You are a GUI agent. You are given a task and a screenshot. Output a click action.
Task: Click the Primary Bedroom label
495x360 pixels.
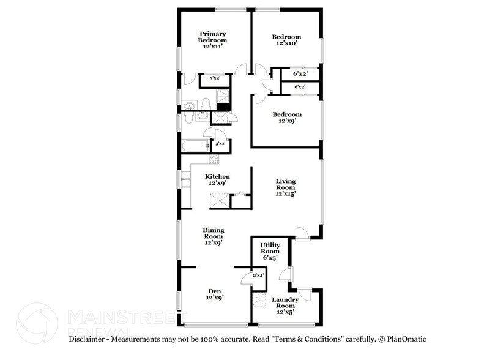(x=212, y=37)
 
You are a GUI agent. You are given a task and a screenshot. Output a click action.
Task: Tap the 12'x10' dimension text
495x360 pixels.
(x=286, y=43)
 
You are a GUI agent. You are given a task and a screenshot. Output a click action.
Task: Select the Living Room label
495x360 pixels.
(x=286, y=184)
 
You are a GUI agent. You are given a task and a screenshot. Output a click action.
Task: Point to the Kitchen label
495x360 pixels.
(x=217, y=176)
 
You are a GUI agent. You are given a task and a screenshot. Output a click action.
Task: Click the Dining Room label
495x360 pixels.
(x=214, y=233)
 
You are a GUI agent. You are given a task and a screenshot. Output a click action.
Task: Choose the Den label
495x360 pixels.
(x=215, y=291)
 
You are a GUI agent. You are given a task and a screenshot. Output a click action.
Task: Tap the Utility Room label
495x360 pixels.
(x=270, y=248)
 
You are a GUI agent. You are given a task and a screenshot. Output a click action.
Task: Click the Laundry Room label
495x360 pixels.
(x=285, y=302)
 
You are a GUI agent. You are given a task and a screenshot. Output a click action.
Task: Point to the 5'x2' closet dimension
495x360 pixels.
(x=215, y=78)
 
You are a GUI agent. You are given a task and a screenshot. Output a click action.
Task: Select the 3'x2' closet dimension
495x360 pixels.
(x=220, y=144)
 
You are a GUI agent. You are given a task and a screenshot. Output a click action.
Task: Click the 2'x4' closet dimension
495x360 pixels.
(x=258, y=275)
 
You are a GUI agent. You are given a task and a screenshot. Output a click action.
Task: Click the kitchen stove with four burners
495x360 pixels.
(x=214, y=159)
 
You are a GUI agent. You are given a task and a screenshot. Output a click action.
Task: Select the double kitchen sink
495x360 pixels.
(x=185, y=179)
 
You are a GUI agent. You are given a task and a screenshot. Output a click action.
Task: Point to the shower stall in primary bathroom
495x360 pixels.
(x=223, y=96)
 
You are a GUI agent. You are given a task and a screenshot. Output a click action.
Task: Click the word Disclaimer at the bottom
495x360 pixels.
(x=86, y=339)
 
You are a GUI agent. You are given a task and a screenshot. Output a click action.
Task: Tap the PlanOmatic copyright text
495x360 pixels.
(x=403, y=339)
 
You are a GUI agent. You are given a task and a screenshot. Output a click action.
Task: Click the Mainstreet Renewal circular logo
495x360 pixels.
(x=37, y=323)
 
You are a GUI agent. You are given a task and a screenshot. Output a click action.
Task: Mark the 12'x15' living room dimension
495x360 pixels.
(x=286, y=193)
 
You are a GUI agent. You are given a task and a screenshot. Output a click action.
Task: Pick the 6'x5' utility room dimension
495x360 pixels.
(x=270, y=257)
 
